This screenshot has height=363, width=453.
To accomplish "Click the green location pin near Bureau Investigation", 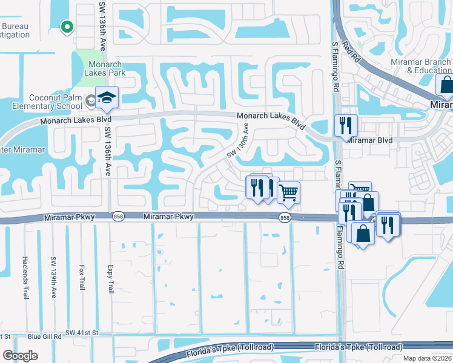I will pyautogui.click(x=67, y=26).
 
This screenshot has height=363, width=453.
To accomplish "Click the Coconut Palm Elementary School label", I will pyautogui.click(x=56, y=102).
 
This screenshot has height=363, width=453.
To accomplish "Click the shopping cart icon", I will pyautogui.click(x=289, y=192).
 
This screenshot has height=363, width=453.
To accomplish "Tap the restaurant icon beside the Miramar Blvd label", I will pyautogui.click(x=346, y=126).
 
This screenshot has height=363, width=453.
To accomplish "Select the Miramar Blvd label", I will pyautogui.click(x=370, y=140).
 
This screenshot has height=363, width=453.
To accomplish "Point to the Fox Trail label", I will pyautogui.click(x=82, y=277).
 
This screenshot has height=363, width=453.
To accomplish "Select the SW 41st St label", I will pyautogui.click(x=82, y=333).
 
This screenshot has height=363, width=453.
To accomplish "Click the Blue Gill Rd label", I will pyautogui.click(x=45, y=336).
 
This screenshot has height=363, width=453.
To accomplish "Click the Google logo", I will pyautogui.click(x=20, y=356).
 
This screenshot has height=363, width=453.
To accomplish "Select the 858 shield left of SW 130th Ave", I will pyautogui.click(x=118, y=217).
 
